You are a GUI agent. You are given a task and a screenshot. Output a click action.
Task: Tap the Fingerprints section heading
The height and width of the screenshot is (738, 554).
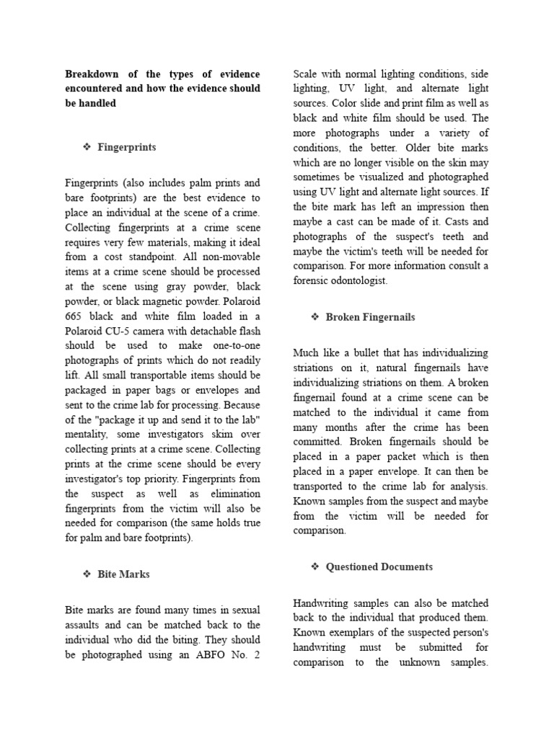(127, 147)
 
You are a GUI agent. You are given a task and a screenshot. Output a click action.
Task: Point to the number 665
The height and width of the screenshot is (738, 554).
(75, 301)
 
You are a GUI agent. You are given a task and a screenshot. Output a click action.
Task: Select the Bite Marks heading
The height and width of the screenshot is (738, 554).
(123, 574)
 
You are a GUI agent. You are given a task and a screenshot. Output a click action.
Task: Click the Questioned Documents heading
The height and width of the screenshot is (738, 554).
(379, 566)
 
